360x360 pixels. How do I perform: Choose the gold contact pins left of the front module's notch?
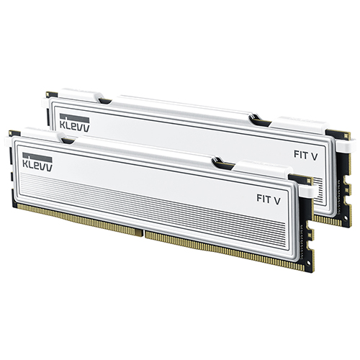(x=79, y=220)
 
